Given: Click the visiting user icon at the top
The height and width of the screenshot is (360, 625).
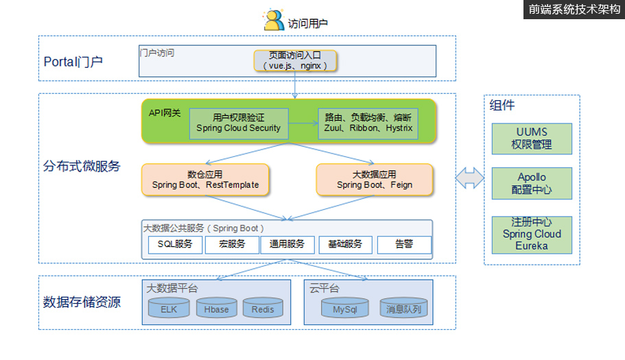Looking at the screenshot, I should coord(274,20).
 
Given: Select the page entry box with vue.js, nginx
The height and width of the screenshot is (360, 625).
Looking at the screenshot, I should coord(296,60).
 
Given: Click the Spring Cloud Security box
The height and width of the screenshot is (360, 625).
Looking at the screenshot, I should coord(238,123).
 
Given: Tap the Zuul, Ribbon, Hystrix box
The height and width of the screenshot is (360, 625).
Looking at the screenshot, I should coord(368,123).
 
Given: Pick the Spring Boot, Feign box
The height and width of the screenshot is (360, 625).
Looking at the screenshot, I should coord(375,179).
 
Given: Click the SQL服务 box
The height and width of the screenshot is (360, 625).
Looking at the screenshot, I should coord(175,245).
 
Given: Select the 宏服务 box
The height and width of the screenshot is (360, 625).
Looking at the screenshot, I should coord(232,245).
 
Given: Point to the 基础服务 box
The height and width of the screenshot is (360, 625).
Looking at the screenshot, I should coord(345,245).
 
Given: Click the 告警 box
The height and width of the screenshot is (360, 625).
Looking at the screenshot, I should coord(404,245).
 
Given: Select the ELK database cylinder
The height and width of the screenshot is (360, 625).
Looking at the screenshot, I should coord(169,309).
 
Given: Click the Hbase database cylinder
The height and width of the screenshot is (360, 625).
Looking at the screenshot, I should coord(216,309).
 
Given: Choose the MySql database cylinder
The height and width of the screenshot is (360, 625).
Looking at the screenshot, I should coord(346,309).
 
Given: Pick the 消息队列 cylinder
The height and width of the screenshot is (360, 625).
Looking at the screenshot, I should coord(404,309).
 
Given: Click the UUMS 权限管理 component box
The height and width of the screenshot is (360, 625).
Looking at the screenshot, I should coord(532,139).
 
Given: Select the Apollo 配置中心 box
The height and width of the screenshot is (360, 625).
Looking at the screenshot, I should coord(532,184).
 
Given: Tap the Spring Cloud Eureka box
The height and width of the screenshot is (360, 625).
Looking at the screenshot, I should coord(532,234).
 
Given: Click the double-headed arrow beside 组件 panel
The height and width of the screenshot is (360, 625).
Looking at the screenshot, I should coord(470,178).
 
